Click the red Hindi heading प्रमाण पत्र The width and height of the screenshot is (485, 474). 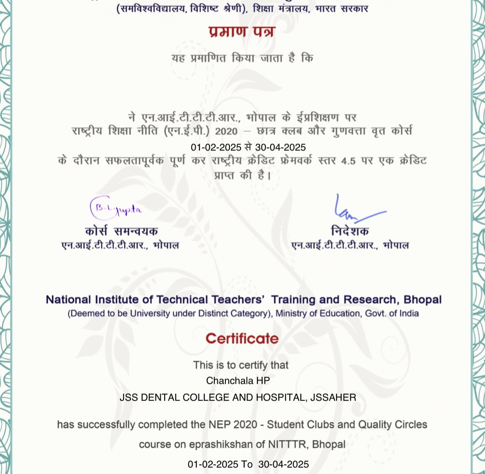click(242, 32)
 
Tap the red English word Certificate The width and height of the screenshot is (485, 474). click(242, 339)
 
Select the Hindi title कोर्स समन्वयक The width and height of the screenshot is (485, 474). click(121, 231)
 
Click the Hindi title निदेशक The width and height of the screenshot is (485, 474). click(349, 231)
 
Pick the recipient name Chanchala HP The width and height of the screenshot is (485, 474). click(238, 381)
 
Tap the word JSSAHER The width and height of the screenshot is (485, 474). click(333, 397)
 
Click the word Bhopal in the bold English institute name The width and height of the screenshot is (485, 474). click(423, 300)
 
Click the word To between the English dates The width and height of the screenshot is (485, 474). click(247, 464)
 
